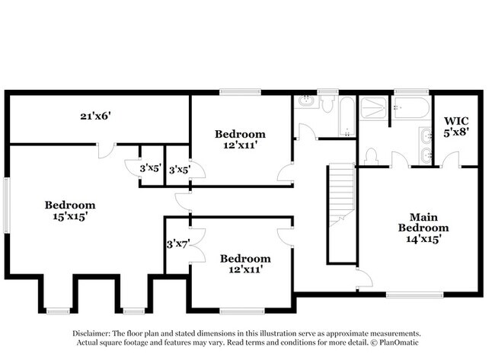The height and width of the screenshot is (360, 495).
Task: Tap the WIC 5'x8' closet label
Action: (x=456, y=126)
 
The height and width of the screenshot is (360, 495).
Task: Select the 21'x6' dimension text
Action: (x=96, y=116)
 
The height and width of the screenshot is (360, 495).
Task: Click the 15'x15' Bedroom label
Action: (x=69, y=211)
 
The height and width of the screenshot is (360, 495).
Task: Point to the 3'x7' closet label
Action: (x=177, y=244)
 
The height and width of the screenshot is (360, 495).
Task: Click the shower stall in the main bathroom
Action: (x=373, y=111)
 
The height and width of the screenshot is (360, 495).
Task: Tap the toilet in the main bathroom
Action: (x=372, y=156)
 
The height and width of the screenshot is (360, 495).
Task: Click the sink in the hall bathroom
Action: (x=306, y=102)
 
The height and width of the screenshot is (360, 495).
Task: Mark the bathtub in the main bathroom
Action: (x=411, y=109)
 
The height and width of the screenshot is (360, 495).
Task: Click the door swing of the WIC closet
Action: (x=454, y=158)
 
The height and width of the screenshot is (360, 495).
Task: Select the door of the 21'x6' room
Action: (x=107, y=148)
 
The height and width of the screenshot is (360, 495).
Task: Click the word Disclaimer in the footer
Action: (x=92, y=333)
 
